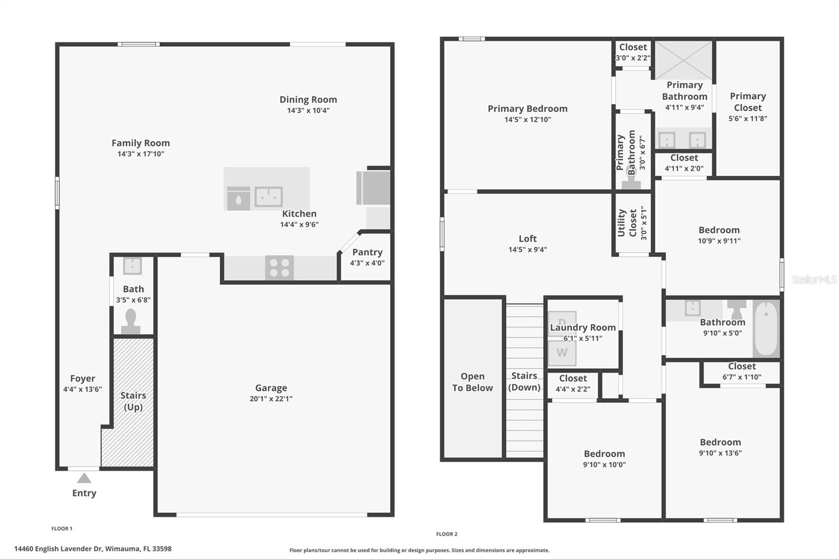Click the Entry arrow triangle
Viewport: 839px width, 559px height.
[x=84, y=478]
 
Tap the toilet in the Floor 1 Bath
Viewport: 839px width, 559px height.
[x=131, y=320]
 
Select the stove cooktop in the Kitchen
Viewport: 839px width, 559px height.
[x=279, y=267]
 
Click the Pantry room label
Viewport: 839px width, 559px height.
[x=367, y=252]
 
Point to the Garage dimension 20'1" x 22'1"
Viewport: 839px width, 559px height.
[x=271, y=399]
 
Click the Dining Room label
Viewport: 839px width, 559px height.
[x=308, y=100]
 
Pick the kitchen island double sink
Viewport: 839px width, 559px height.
[x=268, y=197]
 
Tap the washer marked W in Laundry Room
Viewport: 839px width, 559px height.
[x=562, y=353]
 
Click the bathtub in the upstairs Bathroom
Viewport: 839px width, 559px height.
[x=766, y=328]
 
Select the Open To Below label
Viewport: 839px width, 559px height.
[x=472, y=382]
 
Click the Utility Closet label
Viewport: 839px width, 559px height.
[x=627, y=223]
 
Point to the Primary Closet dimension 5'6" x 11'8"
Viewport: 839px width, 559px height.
[x=748, y=119]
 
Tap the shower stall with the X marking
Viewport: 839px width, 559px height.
[x=683, y=60]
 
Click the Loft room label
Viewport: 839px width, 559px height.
[x=528, y=239]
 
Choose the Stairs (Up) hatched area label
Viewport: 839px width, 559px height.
[x=133, y=401]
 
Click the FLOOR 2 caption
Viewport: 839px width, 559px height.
[x=447, y=534]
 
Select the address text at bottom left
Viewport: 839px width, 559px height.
[x=93, y=549]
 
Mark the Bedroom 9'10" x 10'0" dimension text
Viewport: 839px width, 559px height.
[x=604, y=465]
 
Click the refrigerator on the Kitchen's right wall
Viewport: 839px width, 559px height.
[x=373, y=188]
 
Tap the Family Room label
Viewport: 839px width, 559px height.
[x=141, y=143]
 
